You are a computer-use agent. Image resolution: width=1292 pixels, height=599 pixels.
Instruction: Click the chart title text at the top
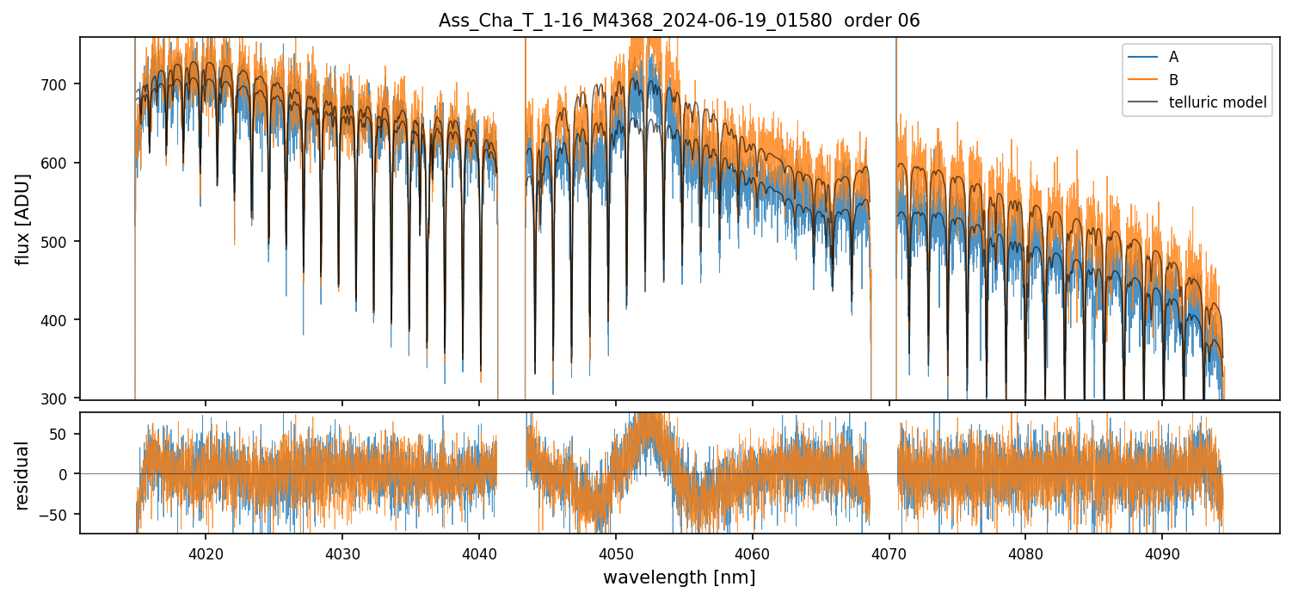click(679, 21)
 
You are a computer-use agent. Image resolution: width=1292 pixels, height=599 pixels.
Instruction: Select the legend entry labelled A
click(1173, 58)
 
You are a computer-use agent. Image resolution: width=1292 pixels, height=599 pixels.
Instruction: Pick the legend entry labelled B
click(1173, 80)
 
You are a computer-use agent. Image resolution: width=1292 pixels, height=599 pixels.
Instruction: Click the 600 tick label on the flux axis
click(63, 163)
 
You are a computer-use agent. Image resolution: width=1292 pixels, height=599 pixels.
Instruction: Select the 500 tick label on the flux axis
click(63, 242)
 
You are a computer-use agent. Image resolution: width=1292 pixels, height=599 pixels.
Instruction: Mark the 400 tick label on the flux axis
click(63, 320)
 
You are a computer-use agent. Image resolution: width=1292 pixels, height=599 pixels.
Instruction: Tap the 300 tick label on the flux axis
click(63, 398)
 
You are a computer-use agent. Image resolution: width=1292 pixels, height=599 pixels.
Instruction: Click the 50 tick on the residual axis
click(67, 434)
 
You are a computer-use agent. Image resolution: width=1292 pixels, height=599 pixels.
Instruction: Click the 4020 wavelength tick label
click(206, 552)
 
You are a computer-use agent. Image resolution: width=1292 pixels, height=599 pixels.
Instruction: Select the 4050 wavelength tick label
click(616, 552)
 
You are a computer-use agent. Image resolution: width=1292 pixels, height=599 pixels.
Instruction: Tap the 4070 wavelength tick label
click(889, 552)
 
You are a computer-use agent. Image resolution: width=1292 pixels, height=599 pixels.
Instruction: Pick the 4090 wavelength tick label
click(1162, 552)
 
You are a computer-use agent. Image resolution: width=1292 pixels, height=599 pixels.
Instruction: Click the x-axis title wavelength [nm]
click(679, 577)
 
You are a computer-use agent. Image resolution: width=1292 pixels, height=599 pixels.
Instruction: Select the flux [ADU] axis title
click(23, 219)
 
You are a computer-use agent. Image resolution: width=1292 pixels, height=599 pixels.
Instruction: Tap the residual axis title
click(23, 475)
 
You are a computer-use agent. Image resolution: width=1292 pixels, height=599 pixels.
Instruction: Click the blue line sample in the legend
click(1141, 58)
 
